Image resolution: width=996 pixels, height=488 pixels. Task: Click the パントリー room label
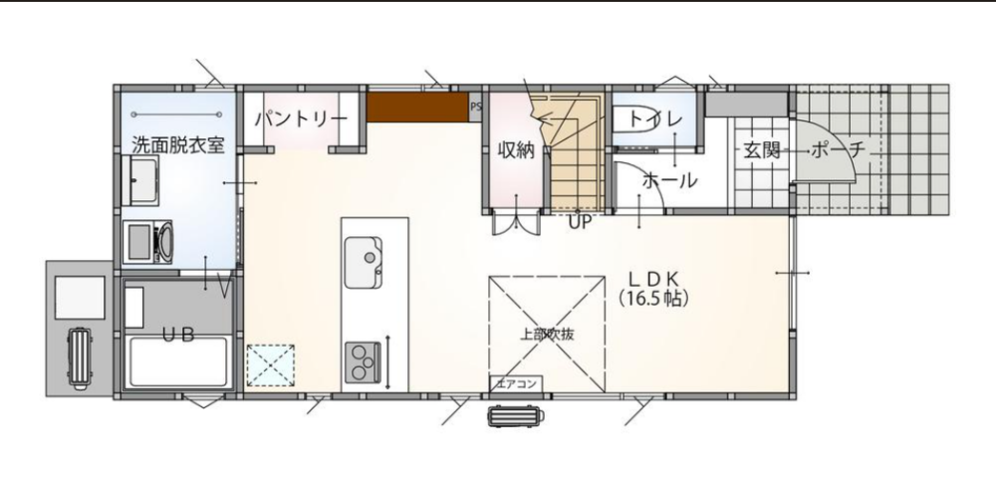tap(301, 120)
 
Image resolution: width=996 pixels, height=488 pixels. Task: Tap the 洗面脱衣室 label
tap(178, 144)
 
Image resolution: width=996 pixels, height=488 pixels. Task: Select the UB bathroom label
tap(178, 335)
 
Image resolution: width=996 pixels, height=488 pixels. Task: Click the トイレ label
tap(655, 119)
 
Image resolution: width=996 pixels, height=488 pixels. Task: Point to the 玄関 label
tap(762, 150)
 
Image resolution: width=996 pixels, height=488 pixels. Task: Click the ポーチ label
tap(839, 150)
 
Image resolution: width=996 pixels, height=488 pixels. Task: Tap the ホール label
tap(669, 181)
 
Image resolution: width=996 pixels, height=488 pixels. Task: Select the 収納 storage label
tap(515, 151)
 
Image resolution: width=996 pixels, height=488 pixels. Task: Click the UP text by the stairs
tap(580, 222)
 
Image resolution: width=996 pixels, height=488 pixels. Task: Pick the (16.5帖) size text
tap(653, 299)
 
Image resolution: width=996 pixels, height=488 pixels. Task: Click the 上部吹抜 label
tap(547, 335)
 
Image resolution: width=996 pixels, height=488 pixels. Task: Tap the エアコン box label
tap(517, 384)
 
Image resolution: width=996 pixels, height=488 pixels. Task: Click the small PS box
tap(476, 108)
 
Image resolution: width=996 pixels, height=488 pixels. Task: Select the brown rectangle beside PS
tap(418, 108)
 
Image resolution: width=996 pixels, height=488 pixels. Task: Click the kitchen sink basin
tap(364, 263)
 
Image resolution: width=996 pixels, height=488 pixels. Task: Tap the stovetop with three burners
tap(363, 363)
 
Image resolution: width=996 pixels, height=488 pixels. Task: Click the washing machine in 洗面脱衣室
tap(147, 242)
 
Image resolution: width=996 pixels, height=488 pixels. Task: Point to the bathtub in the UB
tap(177, 363)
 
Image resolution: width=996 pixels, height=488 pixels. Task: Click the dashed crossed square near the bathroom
tap(271, 366)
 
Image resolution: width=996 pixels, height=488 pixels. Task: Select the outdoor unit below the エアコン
tap(516, 416)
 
